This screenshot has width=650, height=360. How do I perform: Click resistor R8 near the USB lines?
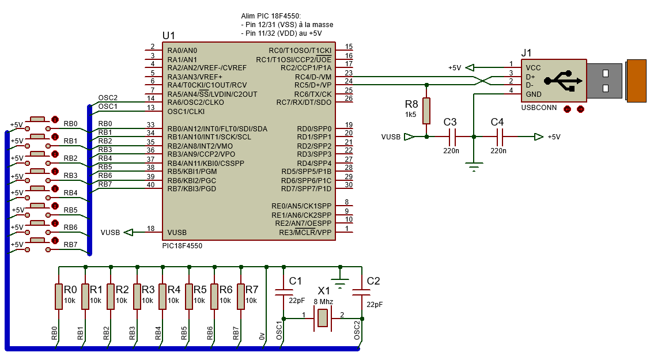click(426, 111)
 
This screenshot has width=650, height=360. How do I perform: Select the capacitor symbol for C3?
click(452, 137)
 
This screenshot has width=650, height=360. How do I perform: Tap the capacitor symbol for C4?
click(500, 137)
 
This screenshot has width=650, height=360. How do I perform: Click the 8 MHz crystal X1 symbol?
click(323, 319)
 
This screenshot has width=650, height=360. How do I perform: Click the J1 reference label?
click(526, 53)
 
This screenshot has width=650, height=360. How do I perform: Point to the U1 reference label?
click(168, 36)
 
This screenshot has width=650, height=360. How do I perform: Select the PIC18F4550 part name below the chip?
click(183, 245)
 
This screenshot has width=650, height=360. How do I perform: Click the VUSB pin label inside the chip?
click(177, 232)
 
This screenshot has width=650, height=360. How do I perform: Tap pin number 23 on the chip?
click(349, 73)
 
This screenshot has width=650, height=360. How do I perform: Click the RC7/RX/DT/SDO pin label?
click(304, 103)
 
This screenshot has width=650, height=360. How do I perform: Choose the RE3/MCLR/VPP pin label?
click(305, 232)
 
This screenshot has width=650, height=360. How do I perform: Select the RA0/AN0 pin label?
click(182, 51)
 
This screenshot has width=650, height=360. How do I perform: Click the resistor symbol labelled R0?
click(59, 296)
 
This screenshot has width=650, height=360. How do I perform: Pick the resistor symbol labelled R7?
click(241, 296)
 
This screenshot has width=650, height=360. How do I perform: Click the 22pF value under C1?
click(297, 300)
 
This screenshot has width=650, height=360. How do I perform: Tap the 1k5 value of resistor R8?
click(410, 115)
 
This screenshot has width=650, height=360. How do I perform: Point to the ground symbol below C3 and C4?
click(474, 167)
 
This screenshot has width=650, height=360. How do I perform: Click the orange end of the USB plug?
click(636, 81)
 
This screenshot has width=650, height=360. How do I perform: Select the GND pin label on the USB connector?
click(534, 94)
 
